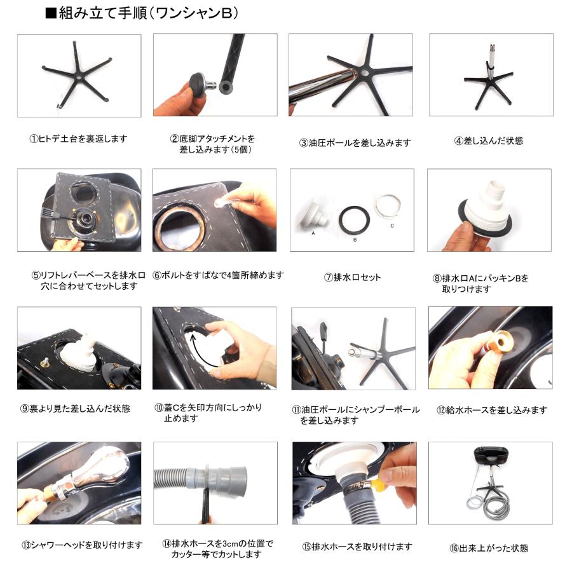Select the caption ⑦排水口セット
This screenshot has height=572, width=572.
pyautogui.click(x=352, y=277)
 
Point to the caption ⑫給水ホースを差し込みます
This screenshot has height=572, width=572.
pyautogui.click(x=492, y=410)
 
